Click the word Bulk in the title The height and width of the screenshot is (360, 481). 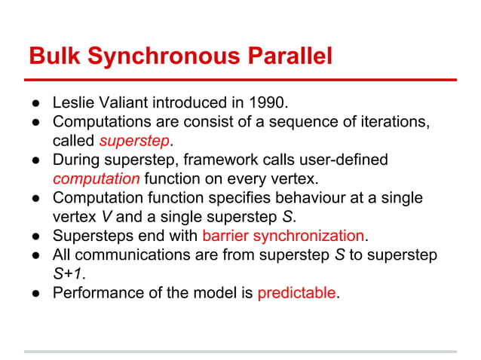[x=51, y=56]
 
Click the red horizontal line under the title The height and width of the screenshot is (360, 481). [x=240, y=79]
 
